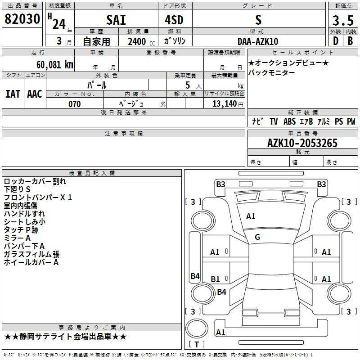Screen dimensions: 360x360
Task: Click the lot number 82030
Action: click(x=22, y=18)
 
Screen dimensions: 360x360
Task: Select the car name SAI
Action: click(x=116, y=20)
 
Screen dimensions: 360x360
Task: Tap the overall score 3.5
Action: click(x=343, y=20)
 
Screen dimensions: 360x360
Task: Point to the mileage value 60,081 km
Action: click(x=55, y=65)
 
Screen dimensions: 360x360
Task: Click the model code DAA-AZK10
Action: click(x=258, y=41)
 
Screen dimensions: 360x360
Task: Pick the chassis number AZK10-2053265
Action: click(x=302, y=143)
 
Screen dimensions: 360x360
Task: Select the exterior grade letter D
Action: click(x=336, y=41)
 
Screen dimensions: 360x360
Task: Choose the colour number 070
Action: click(x=75, y=104)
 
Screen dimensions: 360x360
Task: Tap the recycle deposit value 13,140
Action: click(x=225, y=104)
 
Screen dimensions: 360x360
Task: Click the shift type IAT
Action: click(x=13, y=94)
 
